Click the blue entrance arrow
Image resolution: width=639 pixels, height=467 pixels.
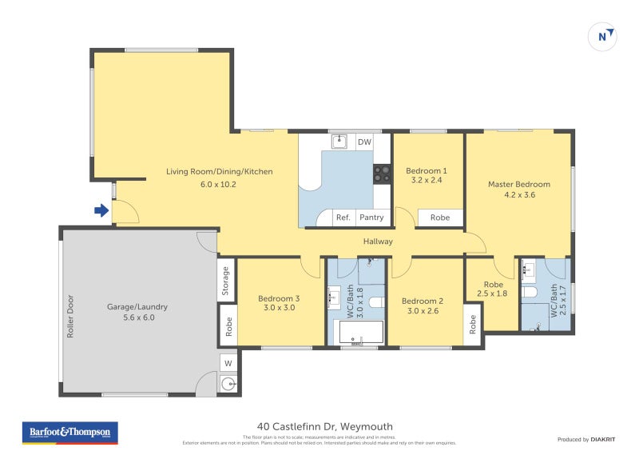pos(101,211)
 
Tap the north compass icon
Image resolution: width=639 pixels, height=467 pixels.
pos(602,36)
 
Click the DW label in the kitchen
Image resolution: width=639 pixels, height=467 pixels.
pos(364,142)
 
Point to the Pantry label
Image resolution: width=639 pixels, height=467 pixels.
pos(371,218)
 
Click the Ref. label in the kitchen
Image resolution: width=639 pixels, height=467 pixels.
pos(343,218)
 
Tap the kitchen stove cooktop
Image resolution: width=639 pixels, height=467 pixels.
pos(382,174)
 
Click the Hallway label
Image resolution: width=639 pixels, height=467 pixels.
pos(378,241)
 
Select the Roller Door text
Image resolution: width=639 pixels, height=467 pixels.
pos(70,317)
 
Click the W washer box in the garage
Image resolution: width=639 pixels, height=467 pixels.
pos(228,364)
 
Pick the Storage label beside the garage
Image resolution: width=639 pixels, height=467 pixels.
pos(227,280)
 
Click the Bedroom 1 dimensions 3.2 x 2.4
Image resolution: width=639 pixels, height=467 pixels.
pos(426,181)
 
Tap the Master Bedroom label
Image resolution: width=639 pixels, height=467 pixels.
pos(518,184)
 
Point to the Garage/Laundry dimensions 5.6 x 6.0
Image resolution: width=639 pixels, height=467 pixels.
pos(137,317)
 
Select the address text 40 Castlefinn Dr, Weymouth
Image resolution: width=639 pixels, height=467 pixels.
pos(324,426)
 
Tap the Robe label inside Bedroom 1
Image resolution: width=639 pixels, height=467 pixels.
pos(439,218)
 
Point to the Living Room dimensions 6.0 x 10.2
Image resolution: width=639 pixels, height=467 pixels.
pos(219,184)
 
